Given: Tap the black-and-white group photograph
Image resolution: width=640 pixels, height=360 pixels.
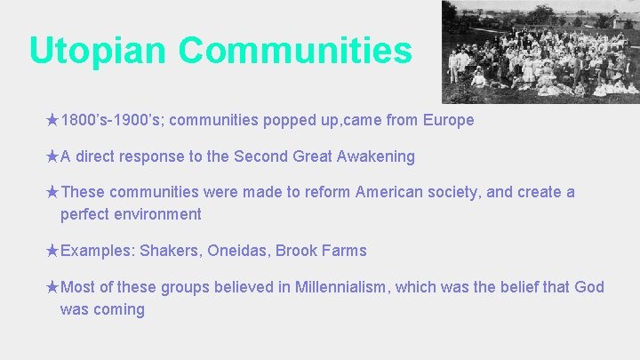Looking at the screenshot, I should pos(540,52).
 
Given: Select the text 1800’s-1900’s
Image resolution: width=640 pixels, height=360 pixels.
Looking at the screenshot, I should pos(112,120).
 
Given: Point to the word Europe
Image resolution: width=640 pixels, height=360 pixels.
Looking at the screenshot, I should pos(449,120).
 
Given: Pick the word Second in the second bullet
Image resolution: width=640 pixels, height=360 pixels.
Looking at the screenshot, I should pos(258,156).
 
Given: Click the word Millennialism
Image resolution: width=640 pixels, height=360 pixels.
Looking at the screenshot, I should pos(334,287).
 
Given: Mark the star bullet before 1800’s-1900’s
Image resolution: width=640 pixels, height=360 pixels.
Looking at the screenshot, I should pos(52,120).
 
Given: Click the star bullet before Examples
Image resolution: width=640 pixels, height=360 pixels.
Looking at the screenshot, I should pos(52,251).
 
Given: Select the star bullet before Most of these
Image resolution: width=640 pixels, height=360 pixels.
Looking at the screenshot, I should pos(52,287).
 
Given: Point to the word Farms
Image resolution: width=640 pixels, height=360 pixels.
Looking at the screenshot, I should pos(346,251).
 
